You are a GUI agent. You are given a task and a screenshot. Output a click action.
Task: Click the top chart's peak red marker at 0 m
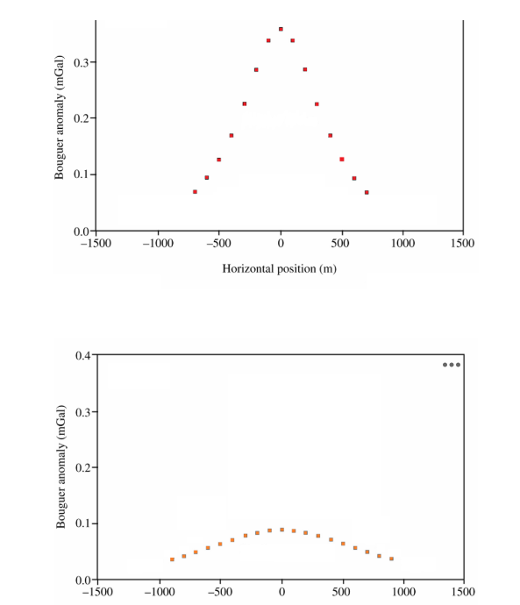[x=281, y=29]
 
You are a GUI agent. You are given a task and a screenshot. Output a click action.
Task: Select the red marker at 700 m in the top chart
[x=367, y=192]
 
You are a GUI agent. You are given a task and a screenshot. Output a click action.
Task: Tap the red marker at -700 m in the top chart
[x=195, y=191]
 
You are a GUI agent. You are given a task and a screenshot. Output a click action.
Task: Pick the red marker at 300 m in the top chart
[x=317, y=103]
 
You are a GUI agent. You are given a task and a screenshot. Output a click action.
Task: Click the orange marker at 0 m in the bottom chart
[x=281, y=530]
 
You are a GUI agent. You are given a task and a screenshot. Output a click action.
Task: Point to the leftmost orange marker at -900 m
[x=172, y=559]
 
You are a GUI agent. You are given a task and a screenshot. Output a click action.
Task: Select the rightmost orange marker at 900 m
[x=391, y=559]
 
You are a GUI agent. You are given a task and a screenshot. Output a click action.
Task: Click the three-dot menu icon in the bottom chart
[x=451, y=364]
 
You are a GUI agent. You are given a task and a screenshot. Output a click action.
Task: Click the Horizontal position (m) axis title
[x=280, y=268]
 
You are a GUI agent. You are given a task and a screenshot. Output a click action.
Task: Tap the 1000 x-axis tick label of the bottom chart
[x=402, y=593]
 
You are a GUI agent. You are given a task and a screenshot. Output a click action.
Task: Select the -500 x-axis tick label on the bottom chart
[x=219, y=593]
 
